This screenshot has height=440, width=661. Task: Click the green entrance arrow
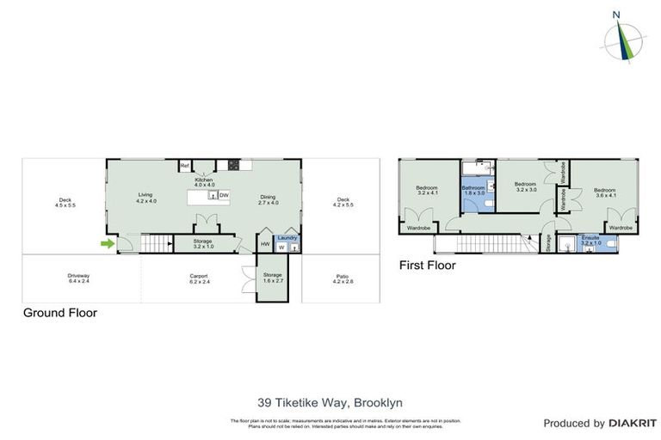(107, 244)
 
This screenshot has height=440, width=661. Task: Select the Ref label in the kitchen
(184, 166)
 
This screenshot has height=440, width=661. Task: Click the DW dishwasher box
(224, 196)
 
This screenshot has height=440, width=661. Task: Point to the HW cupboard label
(265, 245)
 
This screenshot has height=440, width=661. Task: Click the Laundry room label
(287, 237)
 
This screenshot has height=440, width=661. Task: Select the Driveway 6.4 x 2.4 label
(78, 278)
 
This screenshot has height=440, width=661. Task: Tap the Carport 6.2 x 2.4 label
(199, 278)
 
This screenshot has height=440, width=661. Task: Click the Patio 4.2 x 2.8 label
(343, 278)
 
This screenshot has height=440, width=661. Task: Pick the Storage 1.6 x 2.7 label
(272, 278)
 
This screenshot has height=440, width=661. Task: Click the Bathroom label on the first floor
(474, 190)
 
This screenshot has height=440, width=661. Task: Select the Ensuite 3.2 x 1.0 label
(590, 241)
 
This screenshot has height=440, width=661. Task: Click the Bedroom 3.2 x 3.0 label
(526, 186)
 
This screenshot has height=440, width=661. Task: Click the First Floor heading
(427, 266)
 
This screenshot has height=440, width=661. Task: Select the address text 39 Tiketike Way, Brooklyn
(330, 402)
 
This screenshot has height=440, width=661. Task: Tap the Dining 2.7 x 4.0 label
(269, 200)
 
